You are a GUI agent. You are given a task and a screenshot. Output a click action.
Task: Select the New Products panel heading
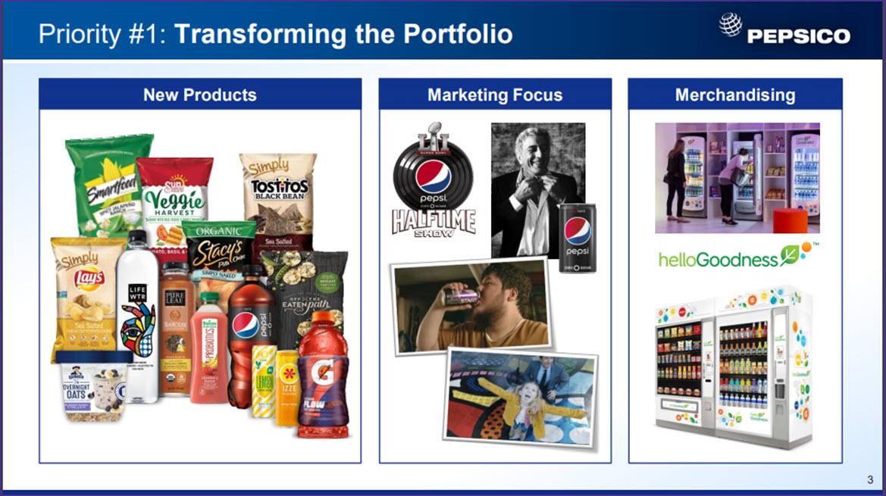[x=200, y=95]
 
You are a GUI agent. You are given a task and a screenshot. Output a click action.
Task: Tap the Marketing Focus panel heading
[x=495, y=95]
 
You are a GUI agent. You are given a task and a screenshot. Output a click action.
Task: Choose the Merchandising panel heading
[x=735, y=95]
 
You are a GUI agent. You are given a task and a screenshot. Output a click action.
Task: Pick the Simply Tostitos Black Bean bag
[x=278, y=189]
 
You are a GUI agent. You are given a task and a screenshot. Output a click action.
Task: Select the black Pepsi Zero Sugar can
[x=577, y=237]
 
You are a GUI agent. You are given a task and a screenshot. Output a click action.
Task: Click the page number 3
[x=870, y=479]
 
